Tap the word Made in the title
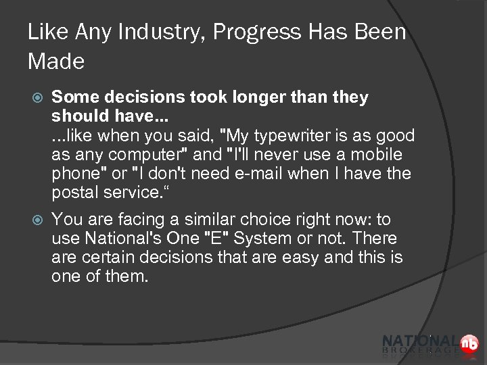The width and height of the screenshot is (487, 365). click(x=56, y=62)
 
